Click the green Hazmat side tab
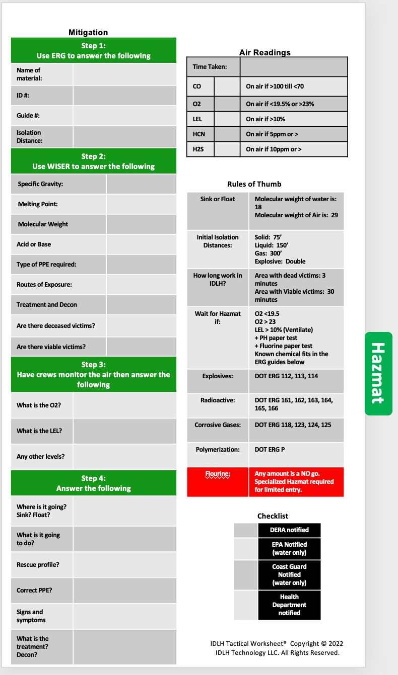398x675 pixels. tap(378, 373)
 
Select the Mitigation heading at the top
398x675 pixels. tap(88, 32)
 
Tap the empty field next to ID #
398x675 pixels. tap(124, 96)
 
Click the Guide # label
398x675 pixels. tap(28, 116)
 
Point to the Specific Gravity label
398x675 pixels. tap(40, 184)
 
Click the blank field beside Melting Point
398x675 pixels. tap(141, 204)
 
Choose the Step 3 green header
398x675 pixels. tap(94, 374)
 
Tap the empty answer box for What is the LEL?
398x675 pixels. tap(124, 431)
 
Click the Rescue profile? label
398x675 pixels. tap(38, 565)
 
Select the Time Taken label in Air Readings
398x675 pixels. tap(210, 67)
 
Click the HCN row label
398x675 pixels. tap(199, 134)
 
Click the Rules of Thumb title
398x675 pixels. tap(254, 184)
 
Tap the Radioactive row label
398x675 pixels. tap(217, 400)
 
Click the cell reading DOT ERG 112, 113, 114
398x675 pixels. tap(286, 376)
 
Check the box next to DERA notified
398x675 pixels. tap(245, 530)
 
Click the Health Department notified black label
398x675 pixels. tap(289, 605)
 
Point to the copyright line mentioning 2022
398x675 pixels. tap(277, 644)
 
